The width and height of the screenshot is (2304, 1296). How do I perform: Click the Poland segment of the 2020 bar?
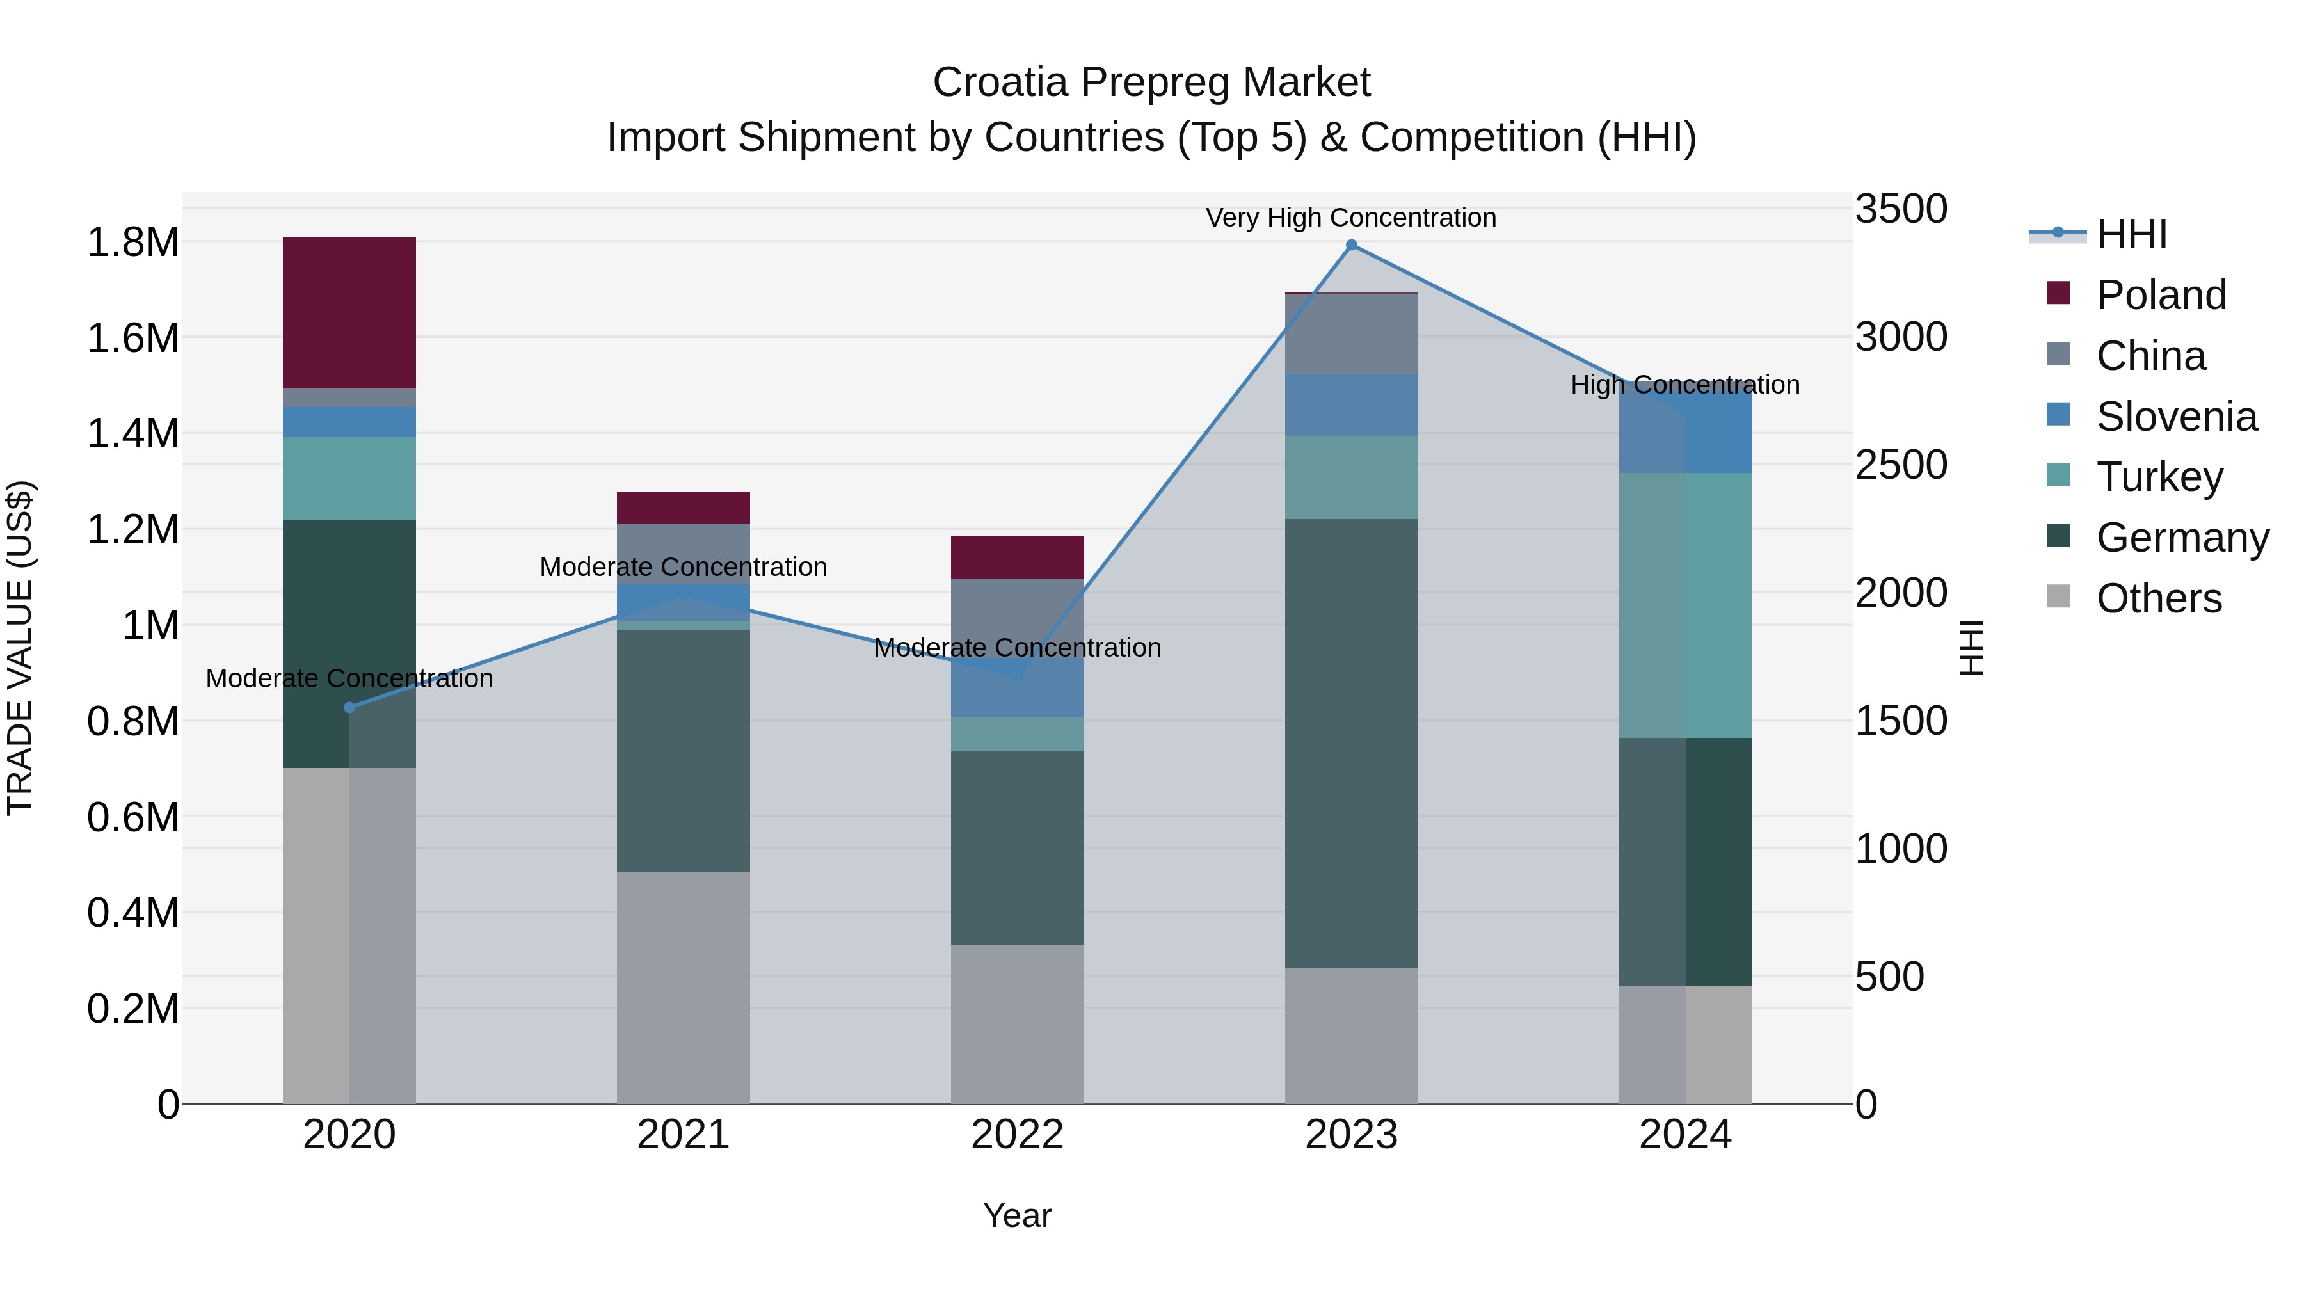click(x=349, y=313)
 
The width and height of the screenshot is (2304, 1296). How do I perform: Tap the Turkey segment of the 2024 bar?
click(x=1685, y=605)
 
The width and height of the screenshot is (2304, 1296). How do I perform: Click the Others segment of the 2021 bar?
click(x=684, y=988)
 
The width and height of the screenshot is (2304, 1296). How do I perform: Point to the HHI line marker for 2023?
click(x=1352, y=245)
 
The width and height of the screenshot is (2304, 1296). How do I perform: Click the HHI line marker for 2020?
click(x=349, y=707)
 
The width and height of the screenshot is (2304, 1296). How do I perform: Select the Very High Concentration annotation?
click(x=1350, y=218)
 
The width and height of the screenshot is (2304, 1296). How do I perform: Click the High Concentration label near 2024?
click(x=1685, y=385)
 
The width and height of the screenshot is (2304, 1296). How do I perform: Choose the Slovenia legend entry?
click(x=2175, y=417)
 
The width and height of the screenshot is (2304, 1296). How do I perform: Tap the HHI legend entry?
click(x=2131, y=234)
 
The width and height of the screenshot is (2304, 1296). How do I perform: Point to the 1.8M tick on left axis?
click(x=132, y=243)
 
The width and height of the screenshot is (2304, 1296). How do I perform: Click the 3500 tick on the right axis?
click(x=1901, y=209)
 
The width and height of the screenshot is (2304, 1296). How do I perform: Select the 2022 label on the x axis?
click(x=1017, y=1135)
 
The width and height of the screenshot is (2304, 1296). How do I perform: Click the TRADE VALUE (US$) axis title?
click(x=20, y=648)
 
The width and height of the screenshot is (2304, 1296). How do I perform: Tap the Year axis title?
click(x=1017, y=1215)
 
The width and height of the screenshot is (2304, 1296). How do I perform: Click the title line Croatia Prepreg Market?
click(x=1151, y=83)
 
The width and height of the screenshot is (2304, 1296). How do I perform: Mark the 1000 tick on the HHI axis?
click(x=1901, y=849)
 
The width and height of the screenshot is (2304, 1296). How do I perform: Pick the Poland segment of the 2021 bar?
click(x=684, y=507)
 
